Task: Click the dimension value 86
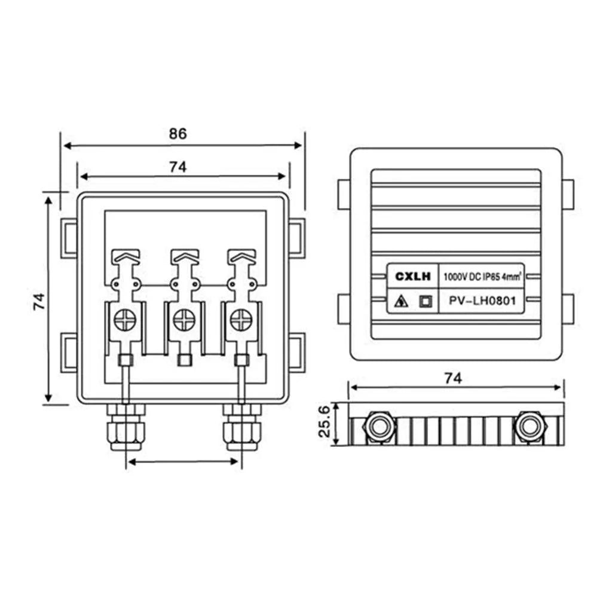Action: (178, 133)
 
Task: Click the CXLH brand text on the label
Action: (412, 277)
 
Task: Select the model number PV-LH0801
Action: (482, 301)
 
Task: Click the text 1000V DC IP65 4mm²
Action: (482, 277)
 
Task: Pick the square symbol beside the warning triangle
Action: (425, 302)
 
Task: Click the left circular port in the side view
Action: (380, 427)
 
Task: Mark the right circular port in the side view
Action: (530, 427)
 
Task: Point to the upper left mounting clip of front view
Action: (69, 238)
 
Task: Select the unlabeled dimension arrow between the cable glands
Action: (183, 461)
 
